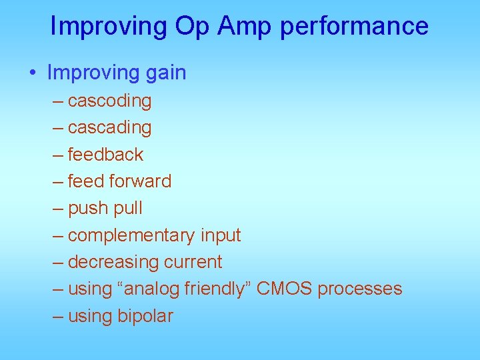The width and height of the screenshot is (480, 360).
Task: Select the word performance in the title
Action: point(354,26)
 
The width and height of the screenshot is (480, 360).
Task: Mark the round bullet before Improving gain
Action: point(33,73)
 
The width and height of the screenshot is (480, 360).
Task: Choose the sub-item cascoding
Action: point(109,101)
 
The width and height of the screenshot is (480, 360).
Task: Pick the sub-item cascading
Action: point(109,127)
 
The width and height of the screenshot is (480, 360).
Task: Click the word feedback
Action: point(105,155)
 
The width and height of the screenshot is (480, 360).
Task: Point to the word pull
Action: point(128,209)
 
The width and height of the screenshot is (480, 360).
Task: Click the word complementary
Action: point(131,235)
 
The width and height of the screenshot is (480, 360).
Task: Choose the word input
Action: point(219,235)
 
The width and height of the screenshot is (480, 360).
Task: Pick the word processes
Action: point(359,289)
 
